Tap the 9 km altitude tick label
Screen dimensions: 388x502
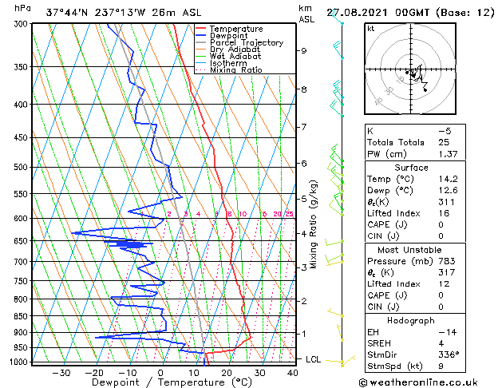pos(304,50)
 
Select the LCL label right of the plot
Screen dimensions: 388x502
pos(314,360)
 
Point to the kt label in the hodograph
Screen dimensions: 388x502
pos(370,29)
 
